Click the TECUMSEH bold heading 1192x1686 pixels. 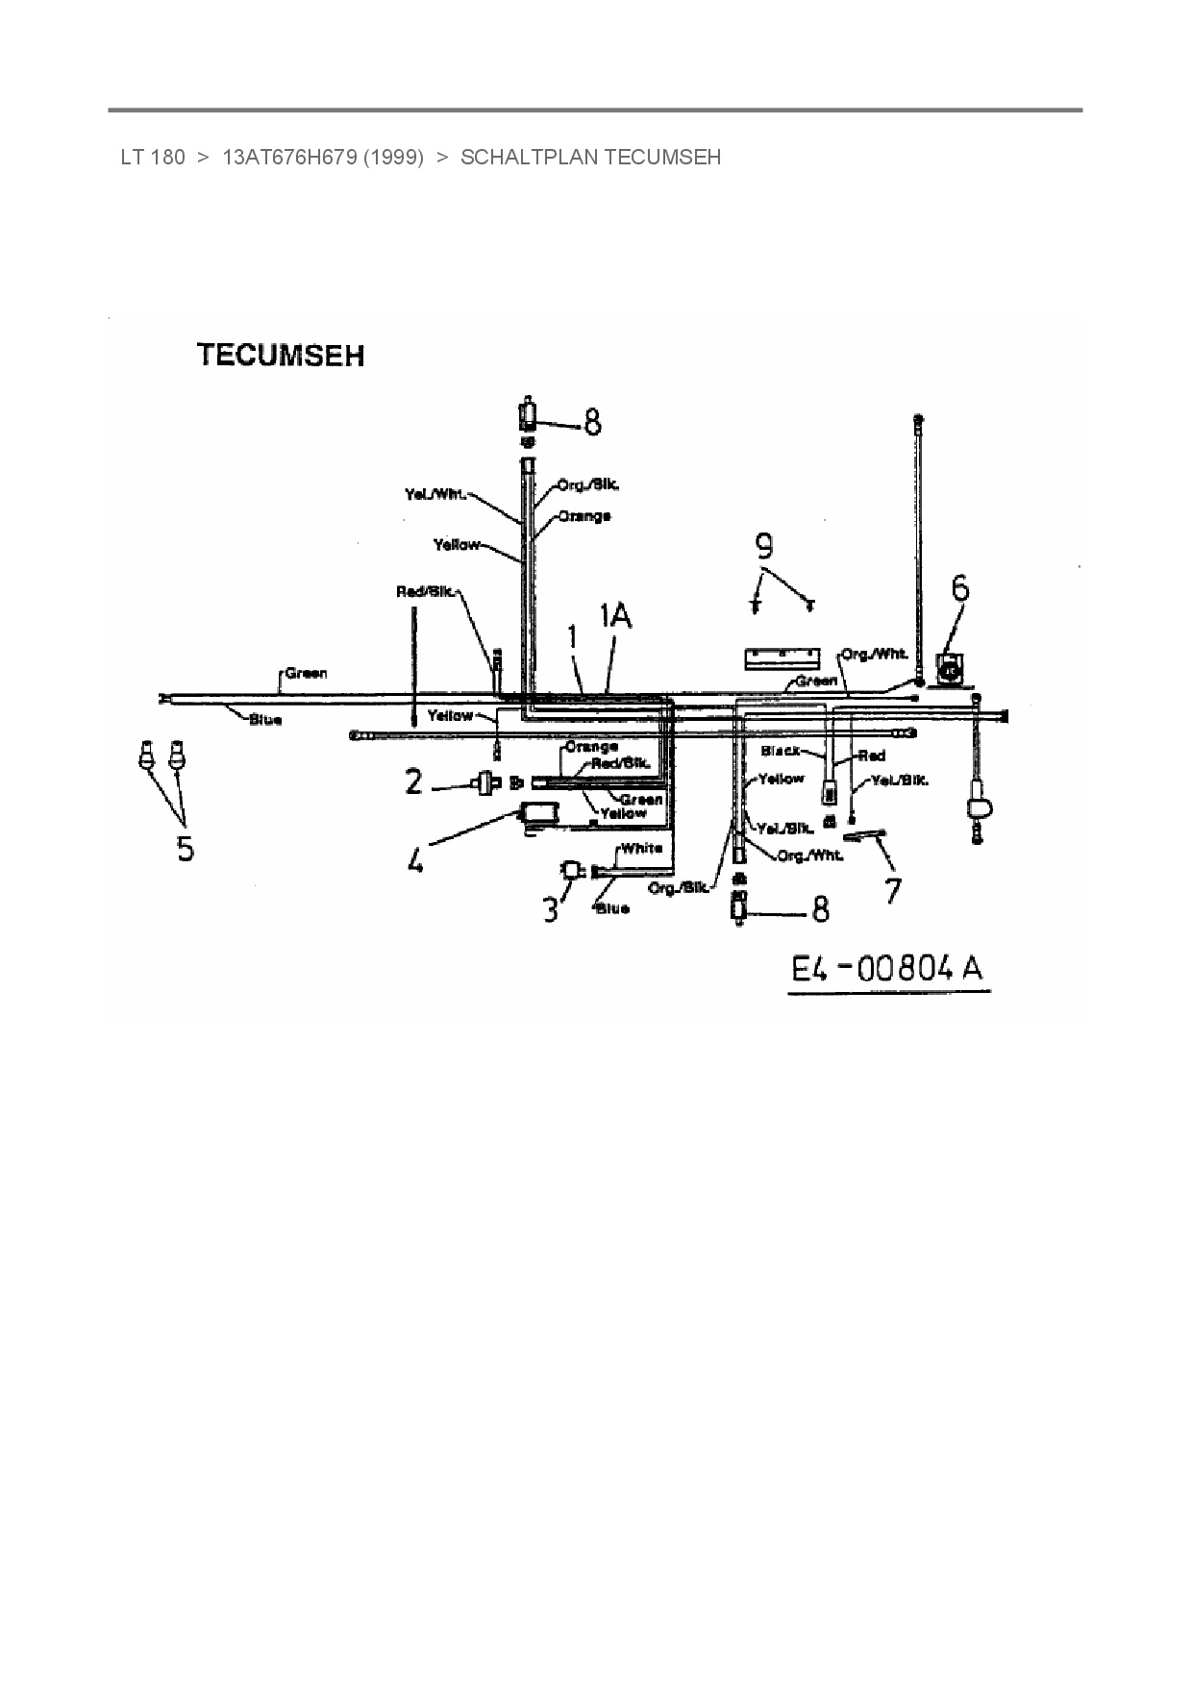(281, 356)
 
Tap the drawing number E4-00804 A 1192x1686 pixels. (886, 969)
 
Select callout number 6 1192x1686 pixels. (959, 588)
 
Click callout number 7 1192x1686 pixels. (893, 890)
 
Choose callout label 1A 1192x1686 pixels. (615, 616)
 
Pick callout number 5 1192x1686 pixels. (185, 848)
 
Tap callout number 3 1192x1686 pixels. (550, 908)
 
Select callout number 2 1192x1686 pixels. (413, 782)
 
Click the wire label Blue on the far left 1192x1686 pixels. (264, 720)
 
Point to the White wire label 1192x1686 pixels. (641, 849)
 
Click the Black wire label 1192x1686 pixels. (780, 750)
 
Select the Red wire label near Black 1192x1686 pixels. (871, 756)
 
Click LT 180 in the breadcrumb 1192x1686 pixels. (153, 157)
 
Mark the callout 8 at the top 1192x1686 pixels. (592, 421)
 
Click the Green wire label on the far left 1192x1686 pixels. (306, 673)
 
